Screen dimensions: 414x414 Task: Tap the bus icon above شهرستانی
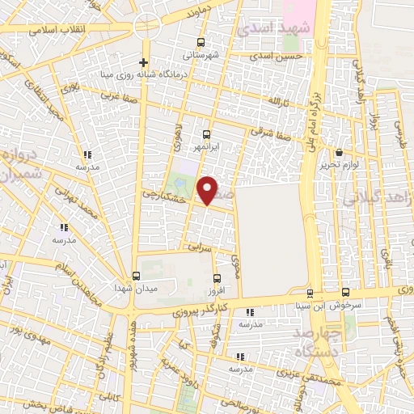(x=201, y=43)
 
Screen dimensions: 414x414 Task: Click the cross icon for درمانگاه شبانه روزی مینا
(x=143, y=62)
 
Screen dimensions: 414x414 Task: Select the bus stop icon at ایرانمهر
(x=206, y=135)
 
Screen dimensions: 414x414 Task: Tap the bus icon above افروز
(x=214, y=279)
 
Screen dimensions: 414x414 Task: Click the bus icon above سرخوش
(x=345, y=291)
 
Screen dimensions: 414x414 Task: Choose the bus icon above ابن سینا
(x=310, y=293)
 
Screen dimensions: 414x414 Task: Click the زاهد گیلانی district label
(x=387, y=197)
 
